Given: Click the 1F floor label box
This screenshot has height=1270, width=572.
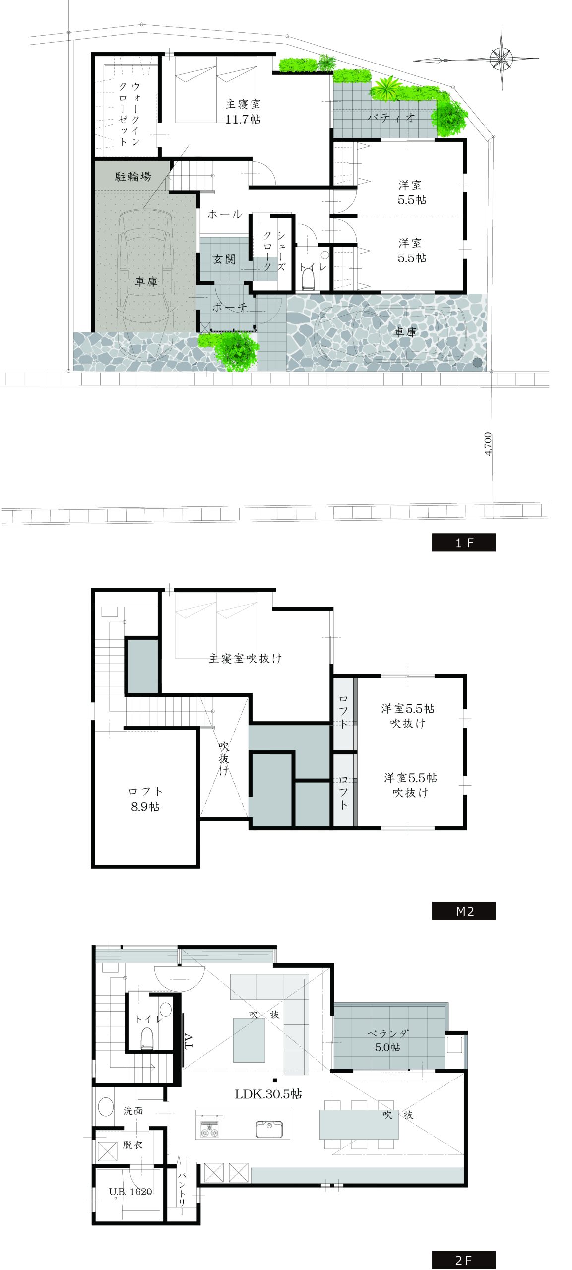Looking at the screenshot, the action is [x=463, y=542].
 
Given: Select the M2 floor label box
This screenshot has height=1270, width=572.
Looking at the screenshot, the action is [x=463, y=911].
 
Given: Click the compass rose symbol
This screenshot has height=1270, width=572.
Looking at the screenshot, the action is [x=502, y=60].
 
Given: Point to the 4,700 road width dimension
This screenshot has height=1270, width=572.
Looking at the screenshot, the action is [x=488, y=444].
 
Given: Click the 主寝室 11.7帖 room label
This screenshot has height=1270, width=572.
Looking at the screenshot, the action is [x=243, y=112].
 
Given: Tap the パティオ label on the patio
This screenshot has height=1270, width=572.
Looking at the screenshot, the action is [x=390, y=118].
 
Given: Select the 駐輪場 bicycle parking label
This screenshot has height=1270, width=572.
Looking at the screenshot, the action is [x=133, y=176].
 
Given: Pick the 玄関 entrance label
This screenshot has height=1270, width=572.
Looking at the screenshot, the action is [x=224, y=259].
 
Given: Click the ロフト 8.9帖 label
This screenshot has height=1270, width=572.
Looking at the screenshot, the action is [x=145, y=799].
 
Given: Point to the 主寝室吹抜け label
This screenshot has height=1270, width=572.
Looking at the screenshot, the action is [x=245, y=658].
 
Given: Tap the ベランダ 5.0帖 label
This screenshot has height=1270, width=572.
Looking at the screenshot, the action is [x=388, y=1041].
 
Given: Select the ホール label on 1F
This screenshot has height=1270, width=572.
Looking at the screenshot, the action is [x=224, y=214].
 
